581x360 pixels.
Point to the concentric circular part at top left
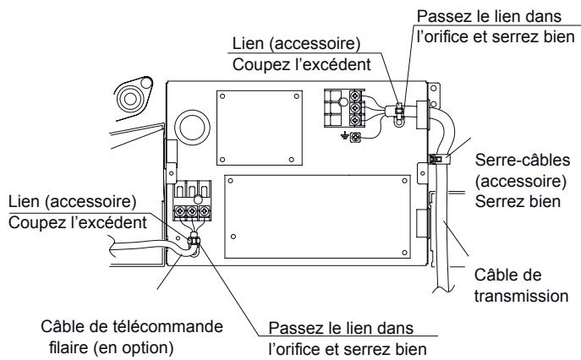[133, 96]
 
